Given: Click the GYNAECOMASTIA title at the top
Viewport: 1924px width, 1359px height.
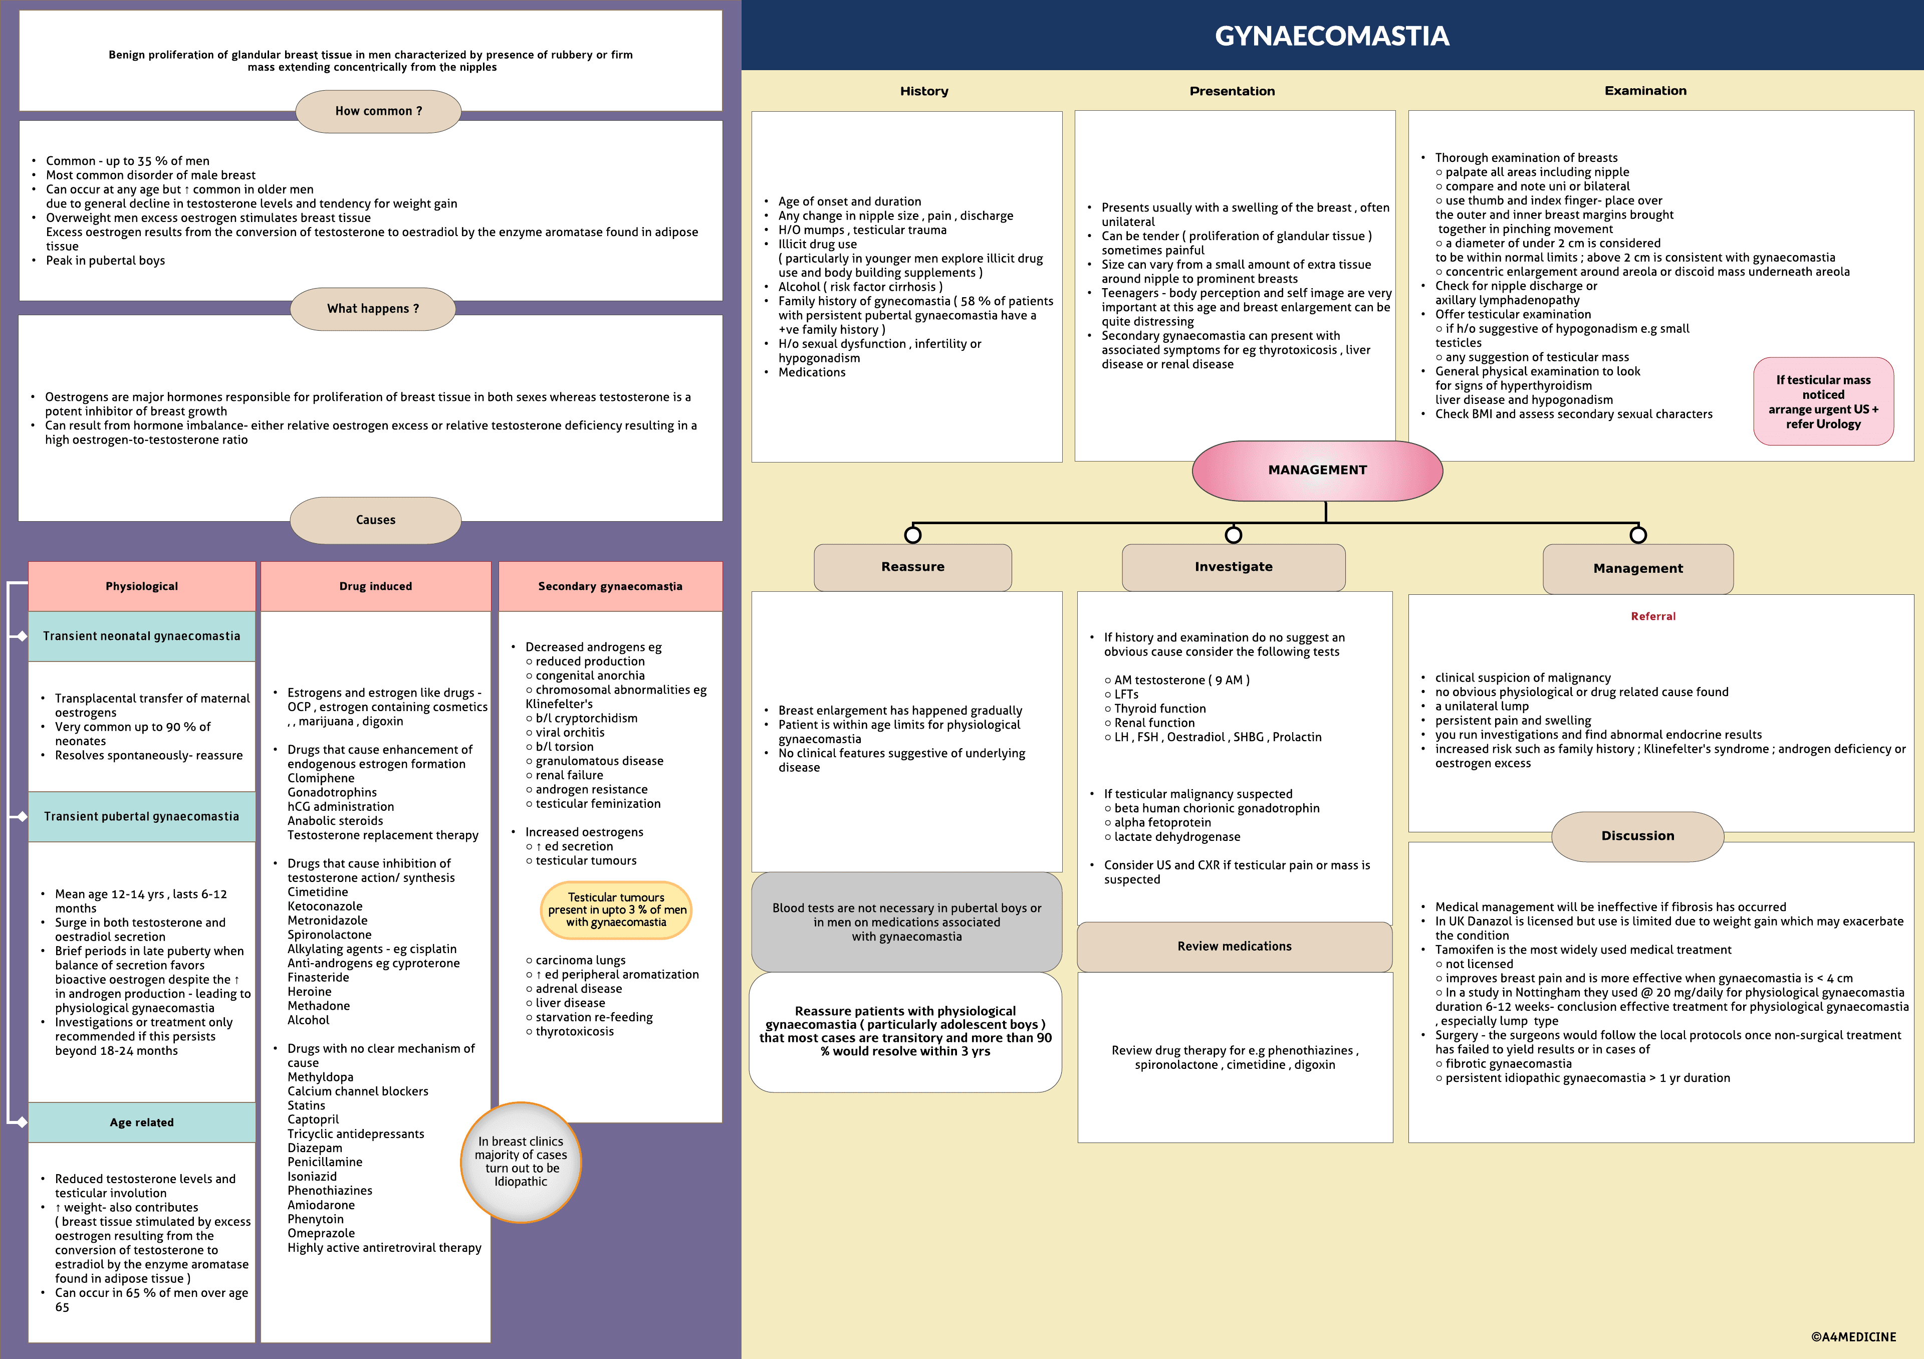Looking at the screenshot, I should click(1332, 36).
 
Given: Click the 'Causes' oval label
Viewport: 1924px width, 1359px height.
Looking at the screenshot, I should click(375, 520).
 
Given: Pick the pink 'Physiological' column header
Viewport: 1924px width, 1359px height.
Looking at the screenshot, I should click(142, 586).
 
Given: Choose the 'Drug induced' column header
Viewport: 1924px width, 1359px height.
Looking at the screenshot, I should click(375, 586).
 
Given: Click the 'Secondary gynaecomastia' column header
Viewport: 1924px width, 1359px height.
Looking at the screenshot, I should click(610, 586).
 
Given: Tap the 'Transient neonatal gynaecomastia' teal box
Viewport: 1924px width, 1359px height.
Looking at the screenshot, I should click(142, 636).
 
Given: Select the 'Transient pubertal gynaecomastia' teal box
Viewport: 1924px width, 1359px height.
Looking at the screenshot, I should click(142, 816).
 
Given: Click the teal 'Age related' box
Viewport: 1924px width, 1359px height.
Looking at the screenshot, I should click(142, 1122).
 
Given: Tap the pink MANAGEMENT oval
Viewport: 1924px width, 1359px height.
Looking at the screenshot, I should click(1317, 470).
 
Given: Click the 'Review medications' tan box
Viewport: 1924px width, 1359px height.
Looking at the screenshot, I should click(1235, 947).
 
